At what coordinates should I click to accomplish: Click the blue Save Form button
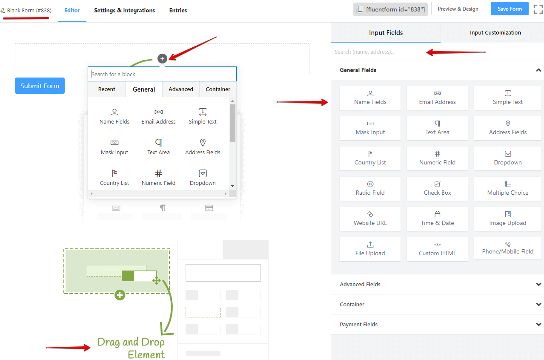point(509,9)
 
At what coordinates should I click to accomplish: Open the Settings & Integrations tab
point(124,11)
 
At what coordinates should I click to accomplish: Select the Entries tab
point(178,11)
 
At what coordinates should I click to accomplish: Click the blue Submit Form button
point(40,86)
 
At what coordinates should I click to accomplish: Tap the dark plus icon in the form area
point(162,59)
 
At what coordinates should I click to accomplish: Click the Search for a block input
point(162,74)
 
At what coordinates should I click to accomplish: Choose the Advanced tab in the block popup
point(180,89)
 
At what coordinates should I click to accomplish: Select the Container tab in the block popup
point(218,89)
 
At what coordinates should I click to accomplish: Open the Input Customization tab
point(495,32)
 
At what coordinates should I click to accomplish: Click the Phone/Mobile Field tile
point(507,249)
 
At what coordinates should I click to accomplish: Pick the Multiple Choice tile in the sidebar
point(507,189)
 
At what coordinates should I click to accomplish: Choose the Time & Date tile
point(437,219)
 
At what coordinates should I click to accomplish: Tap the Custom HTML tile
point(437,249)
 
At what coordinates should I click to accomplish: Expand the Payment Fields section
point(437,324)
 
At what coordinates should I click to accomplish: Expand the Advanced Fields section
point(437,284)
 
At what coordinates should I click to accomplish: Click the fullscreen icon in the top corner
point(538,9)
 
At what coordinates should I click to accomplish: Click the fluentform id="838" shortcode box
point(390,9)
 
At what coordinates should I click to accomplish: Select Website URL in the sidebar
point(370,219)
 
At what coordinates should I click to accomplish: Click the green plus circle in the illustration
point(120,295)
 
